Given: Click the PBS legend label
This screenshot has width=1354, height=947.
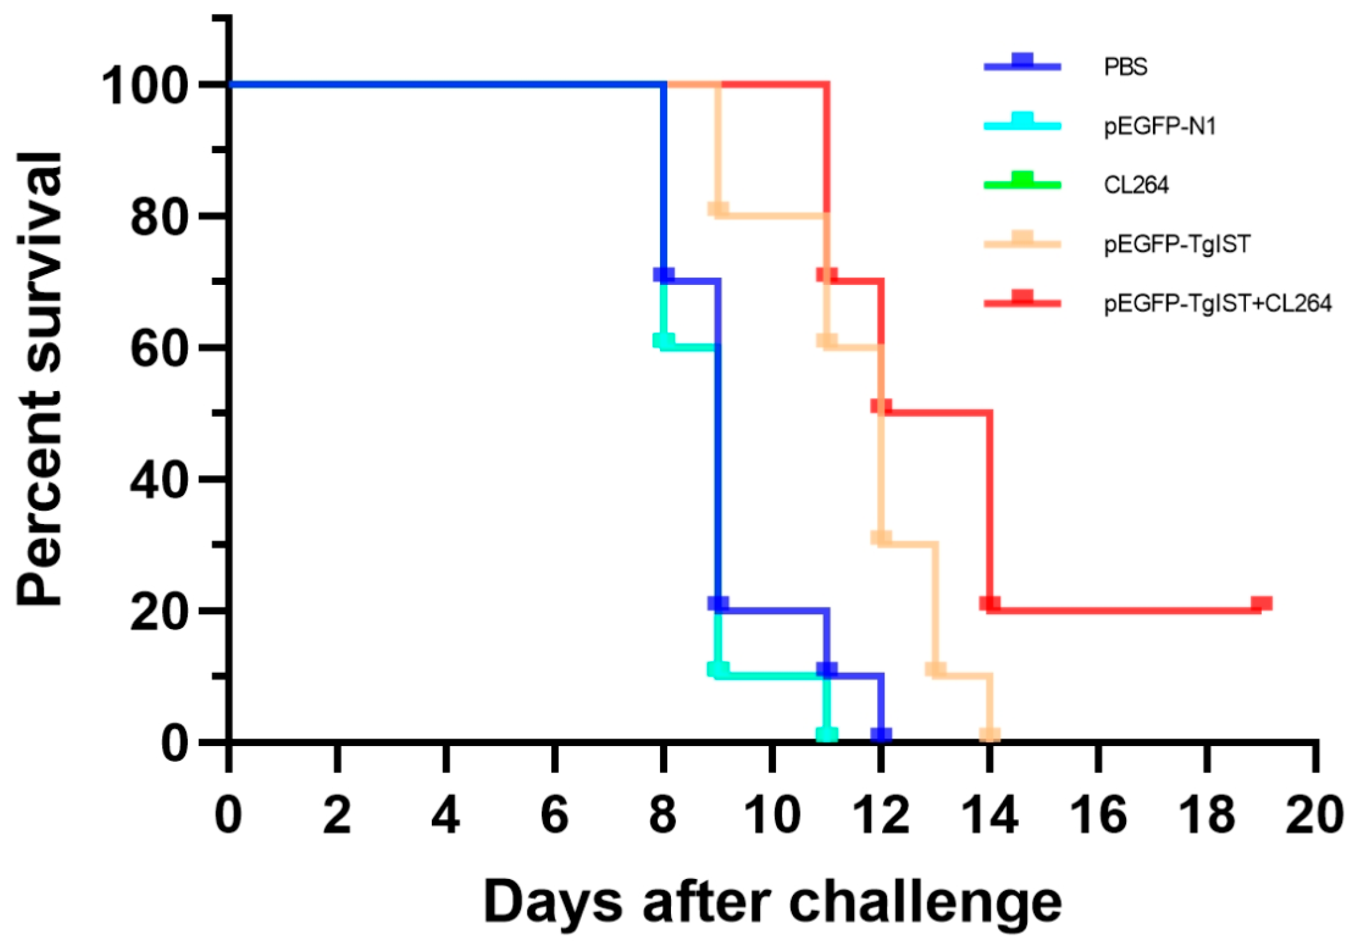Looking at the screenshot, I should point(1124,67).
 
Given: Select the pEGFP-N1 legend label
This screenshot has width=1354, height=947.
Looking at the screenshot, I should point(1159,126).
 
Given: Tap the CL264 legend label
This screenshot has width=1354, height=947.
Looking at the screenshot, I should point(1135,185).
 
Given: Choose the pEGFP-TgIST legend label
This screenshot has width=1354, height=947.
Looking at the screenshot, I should point(1176,244).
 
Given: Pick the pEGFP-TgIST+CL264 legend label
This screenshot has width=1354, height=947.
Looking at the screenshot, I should point(1217,303).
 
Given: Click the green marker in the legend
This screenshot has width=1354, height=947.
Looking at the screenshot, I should point(1022,180).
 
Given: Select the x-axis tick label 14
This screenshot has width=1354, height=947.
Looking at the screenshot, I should point(989,816).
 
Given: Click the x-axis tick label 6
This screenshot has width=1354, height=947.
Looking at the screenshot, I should point(555,816).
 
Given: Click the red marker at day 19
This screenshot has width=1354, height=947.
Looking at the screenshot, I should point(1261,603).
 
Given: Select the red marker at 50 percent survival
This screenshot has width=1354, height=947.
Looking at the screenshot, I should point(881,406).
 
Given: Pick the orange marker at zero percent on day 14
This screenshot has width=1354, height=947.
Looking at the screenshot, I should point(990,735).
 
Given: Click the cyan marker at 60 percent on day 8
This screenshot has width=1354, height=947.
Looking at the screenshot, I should point(663,340).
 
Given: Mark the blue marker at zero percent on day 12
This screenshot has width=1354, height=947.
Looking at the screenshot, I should point(881,735).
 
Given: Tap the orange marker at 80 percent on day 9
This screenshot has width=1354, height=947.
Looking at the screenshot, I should point(718,209).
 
